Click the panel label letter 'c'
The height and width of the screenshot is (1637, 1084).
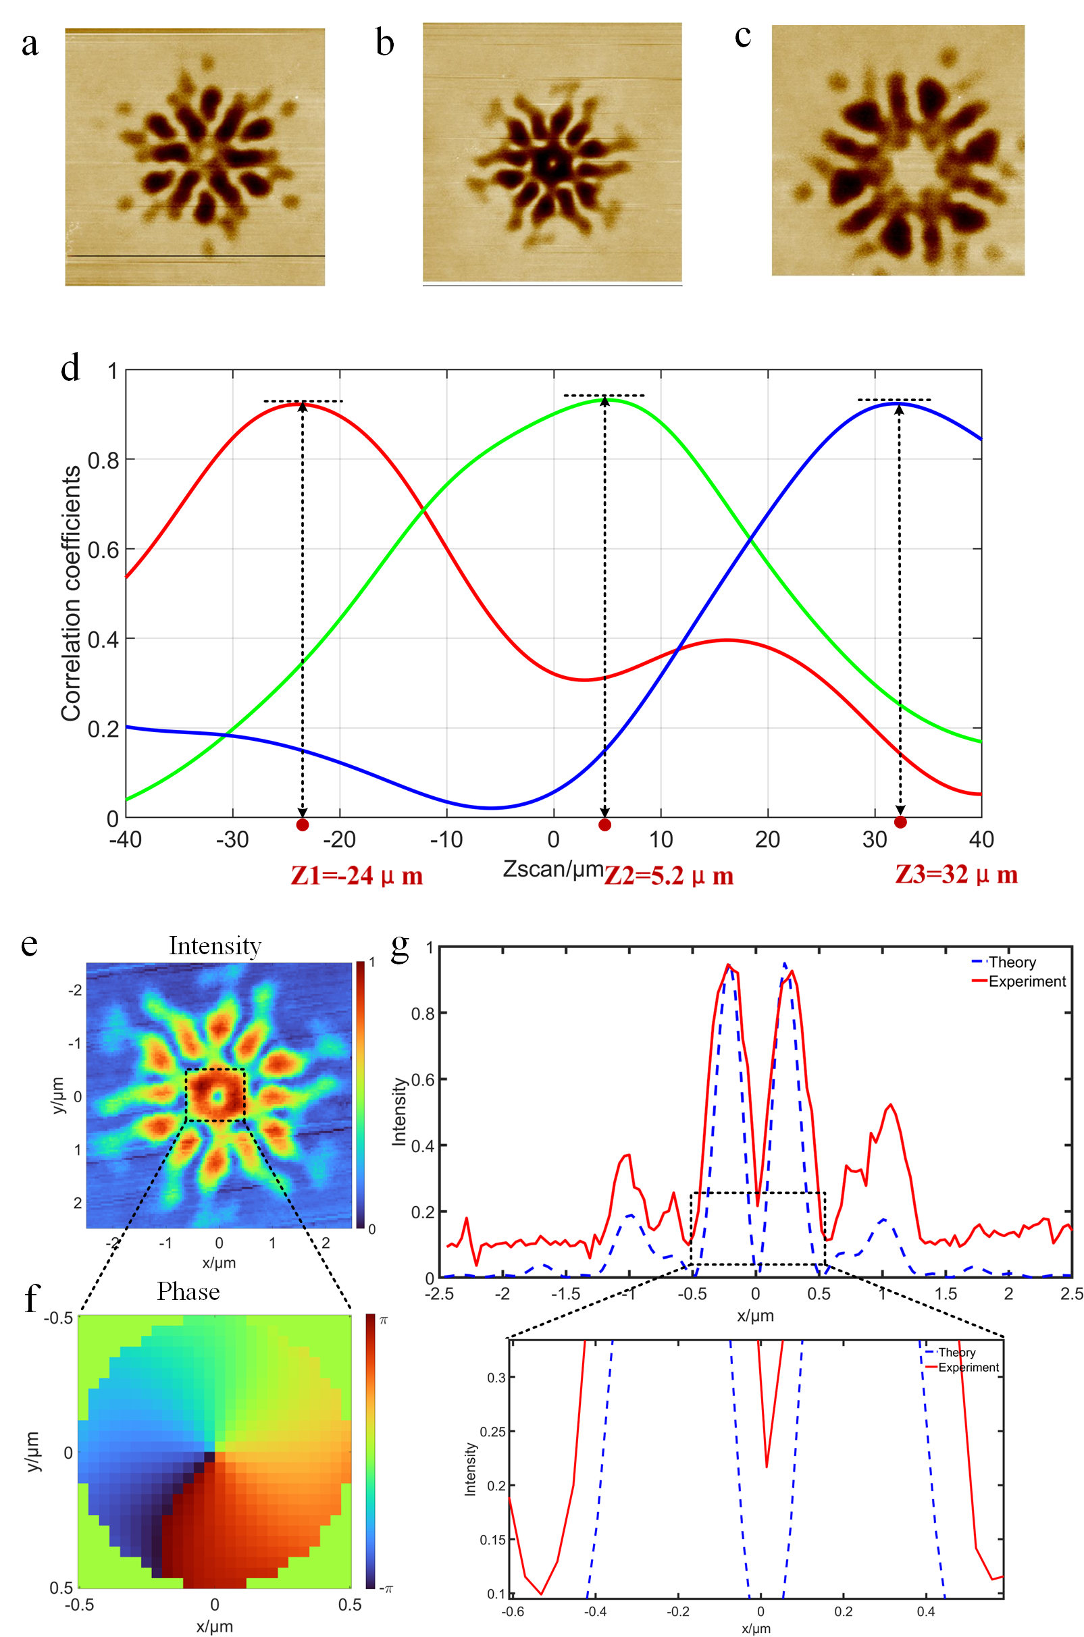click(x=742, y=36)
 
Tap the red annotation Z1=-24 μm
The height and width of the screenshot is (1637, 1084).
click(x=356, y=876)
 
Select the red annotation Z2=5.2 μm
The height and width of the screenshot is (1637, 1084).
click(x=669, y=876)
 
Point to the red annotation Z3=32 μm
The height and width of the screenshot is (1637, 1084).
click(x=956, y=875)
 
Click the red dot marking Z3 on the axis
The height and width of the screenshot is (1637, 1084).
click(x=900, y=822)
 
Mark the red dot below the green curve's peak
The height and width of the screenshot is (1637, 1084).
click(x=605, y=824)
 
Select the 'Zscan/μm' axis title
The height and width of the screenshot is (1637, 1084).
click(x=553, y=869)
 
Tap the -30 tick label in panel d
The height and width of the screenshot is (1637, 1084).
click(x=232, y=840)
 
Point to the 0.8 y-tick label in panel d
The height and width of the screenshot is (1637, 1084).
click(x=103, y=461)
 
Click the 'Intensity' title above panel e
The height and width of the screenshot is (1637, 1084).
click(x=215, y=945)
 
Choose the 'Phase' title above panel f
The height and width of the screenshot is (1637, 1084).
click(x=188, y=1291)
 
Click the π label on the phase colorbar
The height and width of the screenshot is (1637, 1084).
click(x=384, y=1320)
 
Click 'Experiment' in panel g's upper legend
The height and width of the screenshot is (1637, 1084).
click(x=1027, y=981)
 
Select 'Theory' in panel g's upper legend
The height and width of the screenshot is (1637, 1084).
click(x=1012, y=962)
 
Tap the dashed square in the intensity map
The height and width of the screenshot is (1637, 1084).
click(x=215, y=1095)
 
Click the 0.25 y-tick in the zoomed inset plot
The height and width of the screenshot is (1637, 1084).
click(x=492, y=1432)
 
